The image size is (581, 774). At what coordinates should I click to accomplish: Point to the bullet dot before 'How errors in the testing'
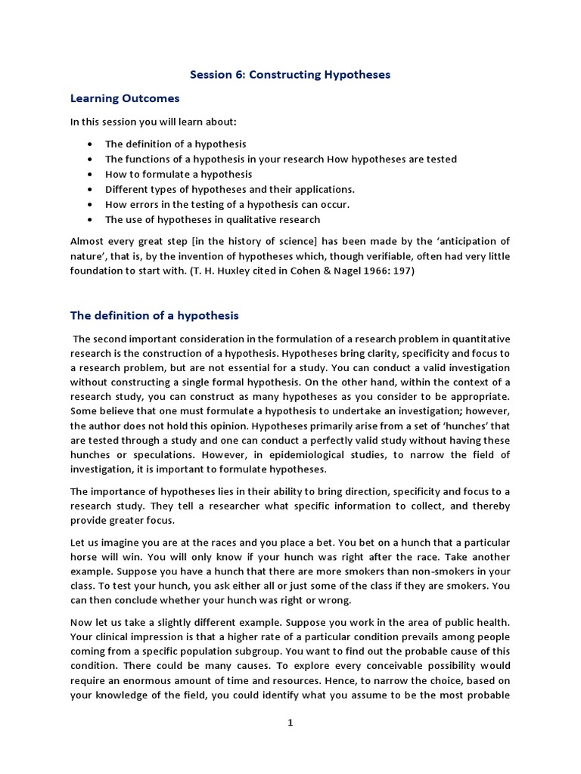click(91, 204)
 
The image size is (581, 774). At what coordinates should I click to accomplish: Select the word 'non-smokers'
click(432, 571)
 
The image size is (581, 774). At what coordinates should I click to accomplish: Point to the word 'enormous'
click(141, 680)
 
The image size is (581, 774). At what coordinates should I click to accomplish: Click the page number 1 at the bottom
click(290, 723)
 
